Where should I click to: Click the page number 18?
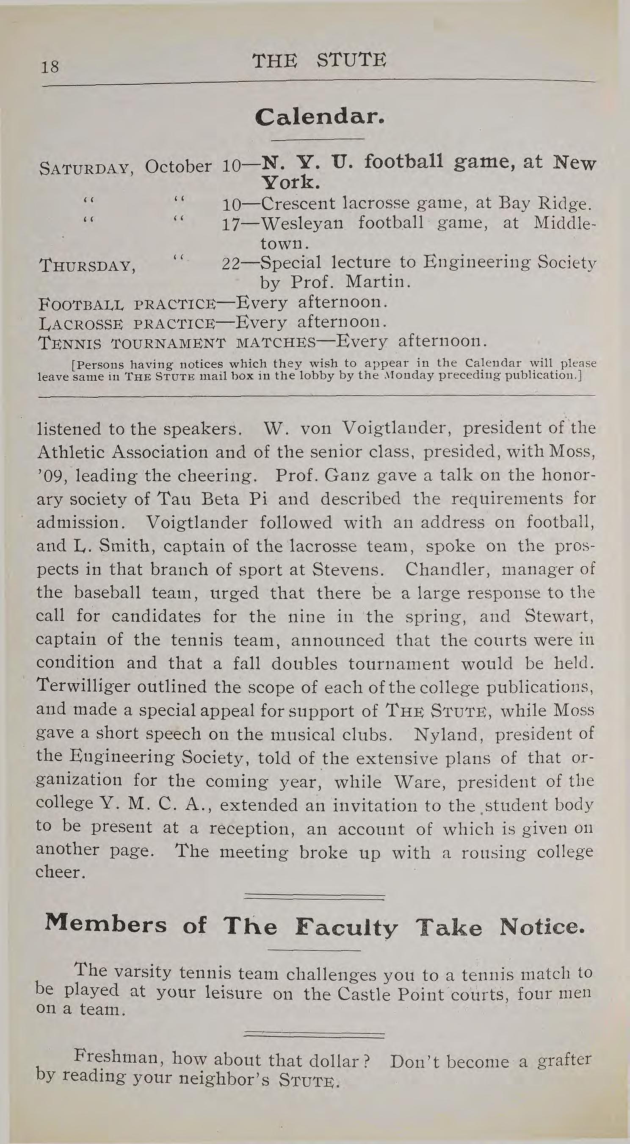point(49,67)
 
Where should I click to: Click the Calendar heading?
point(318,118)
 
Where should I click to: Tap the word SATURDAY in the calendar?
point(84,169)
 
